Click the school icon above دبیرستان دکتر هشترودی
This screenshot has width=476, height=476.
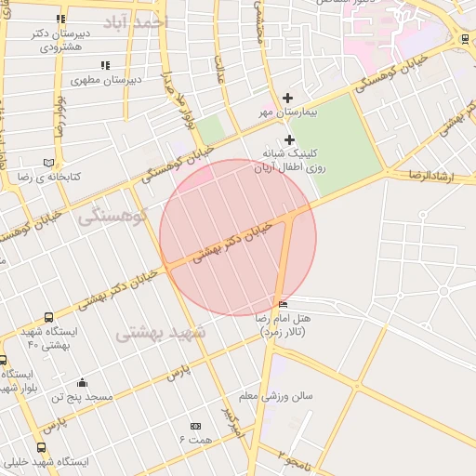(x=60, y=19)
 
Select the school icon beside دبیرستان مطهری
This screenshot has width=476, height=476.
(x=105, y=65)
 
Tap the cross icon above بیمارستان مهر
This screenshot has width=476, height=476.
(x=287, y=99)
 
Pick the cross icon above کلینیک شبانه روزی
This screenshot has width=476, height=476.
(x=290, y=139)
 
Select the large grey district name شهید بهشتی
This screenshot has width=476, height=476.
(x=162, y=332)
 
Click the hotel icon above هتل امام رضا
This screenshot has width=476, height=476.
(x=284, y=304)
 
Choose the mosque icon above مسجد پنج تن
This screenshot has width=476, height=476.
(x=82, y=382)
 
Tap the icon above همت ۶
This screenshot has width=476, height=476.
(x=195, y=425)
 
